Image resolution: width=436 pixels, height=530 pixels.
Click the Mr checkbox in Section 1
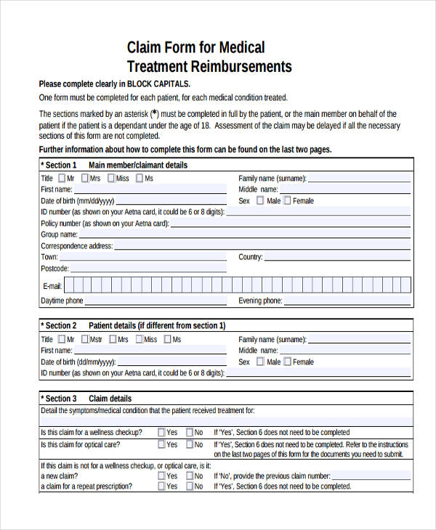point(62,178)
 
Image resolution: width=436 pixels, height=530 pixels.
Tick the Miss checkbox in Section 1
point(111,178)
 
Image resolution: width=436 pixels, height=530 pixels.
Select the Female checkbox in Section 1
point(288,201)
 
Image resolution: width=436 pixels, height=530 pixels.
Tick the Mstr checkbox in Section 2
point(85,339)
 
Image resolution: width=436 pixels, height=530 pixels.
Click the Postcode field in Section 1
point(145,269)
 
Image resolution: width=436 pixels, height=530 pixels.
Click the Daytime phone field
point(156,301)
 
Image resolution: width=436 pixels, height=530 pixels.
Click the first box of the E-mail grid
point(70,285)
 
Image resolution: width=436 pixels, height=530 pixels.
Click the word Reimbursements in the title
point(241,67)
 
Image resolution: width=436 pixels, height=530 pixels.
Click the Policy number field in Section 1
point(291,224)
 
